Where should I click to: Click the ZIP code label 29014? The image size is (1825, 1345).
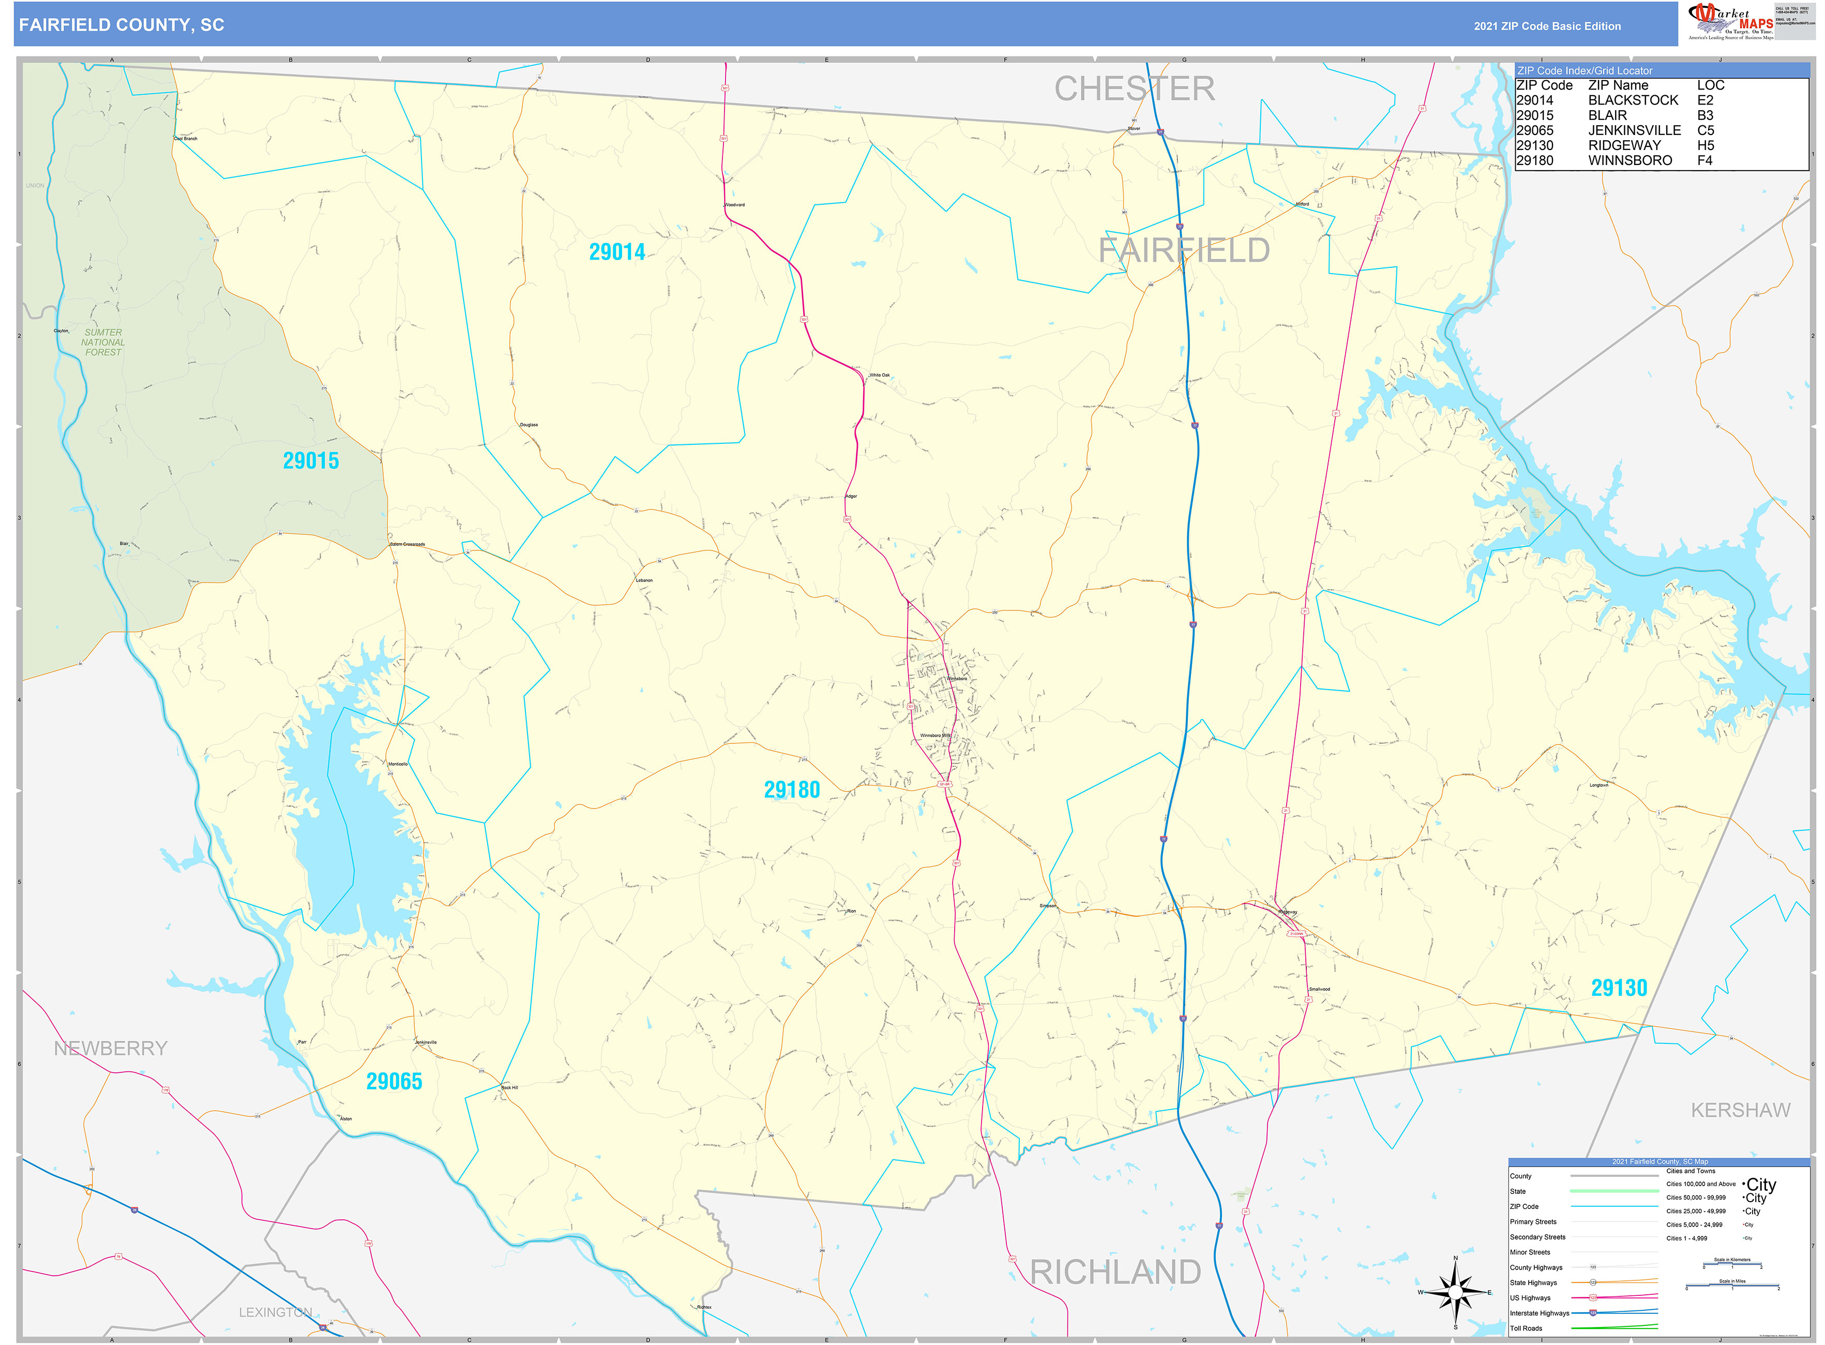617,252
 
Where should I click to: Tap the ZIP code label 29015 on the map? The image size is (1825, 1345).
311,461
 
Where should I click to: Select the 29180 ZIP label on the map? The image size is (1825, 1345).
791,790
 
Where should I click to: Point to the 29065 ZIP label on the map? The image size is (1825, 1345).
394,1081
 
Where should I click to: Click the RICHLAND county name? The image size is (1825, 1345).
1114,1272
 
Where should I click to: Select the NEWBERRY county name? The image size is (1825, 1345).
111,1048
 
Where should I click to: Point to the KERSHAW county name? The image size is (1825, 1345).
1740,1110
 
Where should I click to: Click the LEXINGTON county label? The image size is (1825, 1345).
275,1311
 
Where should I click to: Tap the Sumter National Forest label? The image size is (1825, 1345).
103,342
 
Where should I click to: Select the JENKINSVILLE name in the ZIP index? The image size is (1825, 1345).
1634,130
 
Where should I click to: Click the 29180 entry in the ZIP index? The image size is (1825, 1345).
1534,160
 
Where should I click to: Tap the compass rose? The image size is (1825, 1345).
1455,1292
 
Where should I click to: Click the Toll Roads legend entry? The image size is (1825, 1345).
1526,1328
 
